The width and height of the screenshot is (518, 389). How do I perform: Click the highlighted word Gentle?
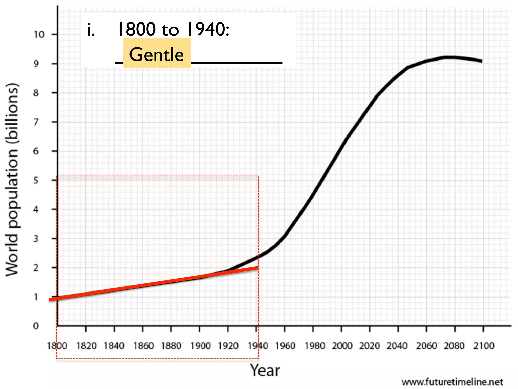click(x=157, y=54)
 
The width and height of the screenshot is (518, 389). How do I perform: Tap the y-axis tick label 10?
click(x=39, y=35)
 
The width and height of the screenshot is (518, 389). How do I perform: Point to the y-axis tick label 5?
click(x=36, y=181)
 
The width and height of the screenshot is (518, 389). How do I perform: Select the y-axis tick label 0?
click(x=36, y=326)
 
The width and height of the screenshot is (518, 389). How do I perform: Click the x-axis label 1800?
click(x=57, y=346)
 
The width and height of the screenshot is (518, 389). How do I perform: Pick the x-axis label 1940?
click(x=257, y=346)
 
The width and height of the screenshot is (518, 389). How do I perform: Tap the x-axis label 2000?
click(x=342, y=346)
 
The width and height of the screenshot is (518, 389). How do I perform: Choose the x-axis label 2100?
click(x=484, y=346)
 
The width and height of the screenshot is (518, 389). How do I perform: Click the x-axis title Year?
click(x=265, y=371)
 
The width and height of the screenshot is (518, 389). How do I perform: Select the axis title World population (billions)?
click(x=12, y=179)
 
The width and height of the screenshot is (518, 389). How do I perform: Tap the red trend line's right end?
click(x=258, y=268)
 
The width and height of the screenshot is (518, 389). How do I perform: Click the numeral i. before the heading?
click(x=91, y=30)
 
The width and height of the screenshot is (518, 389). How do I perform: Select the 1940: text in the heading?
click(x=208, y=29)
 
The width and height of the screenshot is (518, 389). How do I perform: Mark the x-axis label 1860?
click(x=143, y=346)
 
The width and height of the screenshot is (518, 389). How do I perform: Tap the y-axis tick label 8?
click(x=36, y=93)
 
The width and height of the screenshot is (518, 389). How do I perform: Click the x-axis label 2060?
click(x=426, y=346)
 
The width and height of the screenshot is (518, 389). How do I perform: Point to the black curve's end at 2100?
click(x=481, y=61)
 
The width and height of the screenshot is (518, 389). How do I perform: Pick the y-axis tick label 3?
click(x=36, y=239)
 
